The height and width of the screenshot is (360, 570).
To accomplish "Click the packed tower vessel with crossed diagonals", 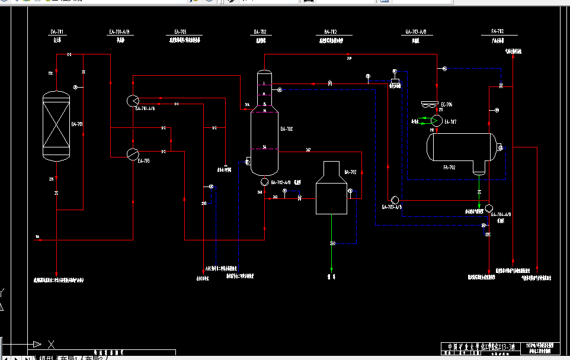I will (x=57, y=126).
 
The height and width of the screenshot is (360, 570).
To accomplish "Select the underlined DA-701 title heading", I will (x=57, y=31).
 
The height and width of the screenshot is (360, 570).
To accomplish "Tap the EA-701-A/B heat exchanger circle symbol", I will (x=132, y=101).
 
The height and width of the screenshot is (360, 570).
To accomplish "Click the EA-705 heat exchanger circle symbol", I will (x=132, y=153).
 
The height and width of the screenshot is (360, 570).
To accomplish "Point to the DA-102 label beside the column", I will (x=286, y=128).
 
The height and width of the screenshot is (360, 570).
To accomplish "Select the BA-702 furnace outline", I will (x=331, y=188).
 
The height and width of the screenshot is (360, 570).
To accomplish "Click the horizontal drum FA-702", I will (x=462, y=147).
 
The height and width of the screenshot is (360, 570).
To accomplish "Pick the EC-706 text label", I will (x=447, y=105).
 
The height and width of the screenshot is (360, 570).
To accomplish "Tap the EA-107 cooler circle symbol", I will (x=437, y=120).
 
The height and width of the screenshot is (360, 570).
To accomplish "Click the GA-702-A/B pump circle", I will (x=264, y=182).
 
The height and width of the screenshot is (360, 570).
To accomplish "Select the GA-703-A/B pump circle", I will (x=395, y=200).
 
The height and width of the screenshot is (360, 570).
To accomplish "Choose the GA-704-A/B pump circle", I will (x=489, y=208).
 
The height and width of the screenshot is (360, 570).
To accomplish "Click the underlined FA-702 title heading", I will (x=498, y=31).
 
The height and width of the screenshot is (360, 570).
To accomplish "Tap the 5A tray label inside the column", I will (x=265, y=147).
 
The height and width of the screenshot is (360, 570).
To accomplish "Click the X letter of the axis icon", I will (x=52, y=344).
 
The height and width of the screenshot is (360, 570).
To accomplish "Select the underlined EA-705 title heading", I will (x=181, y=31).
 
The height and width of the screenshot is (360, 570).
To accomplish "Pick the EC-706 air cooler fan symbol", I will (x=428, y=105).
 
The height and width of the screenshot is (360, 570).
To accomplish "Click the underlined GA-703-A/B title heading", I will (x=415, y=31).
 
